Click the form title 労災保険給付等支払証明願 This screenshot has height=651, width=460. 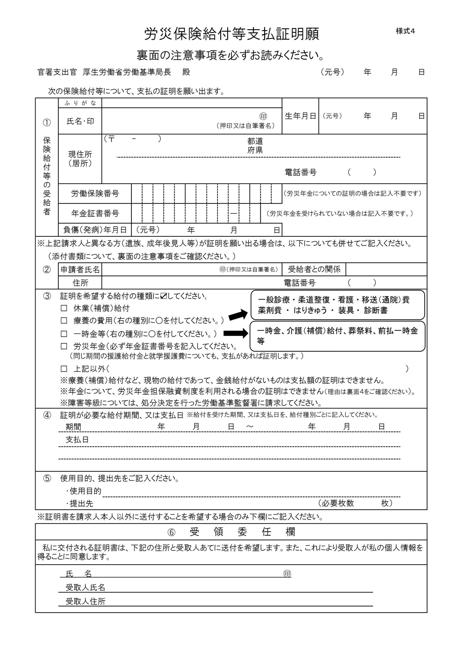coord(231,34)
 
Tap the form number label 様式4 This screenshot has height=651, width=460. coord(405,31)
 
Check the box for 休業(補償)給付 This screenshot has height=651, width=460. coord(64,308)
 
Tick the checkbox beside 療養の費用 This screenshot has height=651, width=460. coord(64,320)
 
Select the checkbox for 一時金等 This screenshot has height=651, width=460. coord(64,334)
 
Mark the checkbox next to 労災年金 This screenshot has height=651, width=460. coord(64,346)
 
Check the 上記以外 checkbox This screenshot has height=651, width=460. coord(64,369)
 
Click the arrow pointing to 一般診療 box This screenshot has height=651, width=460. coord(237,315)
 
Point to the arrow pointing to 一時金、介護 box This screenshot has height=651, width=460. coord(236,333)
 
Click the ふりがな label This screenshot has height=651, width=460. coord(80,103)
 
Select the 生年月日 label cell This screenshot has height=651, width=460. coord(300,116)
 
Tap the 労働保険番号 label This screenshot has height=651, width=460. coord(95,194)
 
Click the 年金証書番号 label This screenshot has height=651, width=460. coord(95,213)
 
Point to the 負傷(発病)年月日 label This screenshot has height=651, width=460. coord(95,230)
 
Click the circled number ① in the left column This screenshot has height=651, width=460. coord(47,123)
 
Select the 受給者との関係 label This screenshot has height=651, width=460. coord(314,270)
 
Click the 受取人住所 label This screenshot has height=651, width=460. coord(85,601)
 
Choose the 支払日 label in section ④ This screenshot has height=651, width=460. coord(77,440)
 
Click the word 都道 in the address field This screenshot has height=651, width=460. coord(255,141)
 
